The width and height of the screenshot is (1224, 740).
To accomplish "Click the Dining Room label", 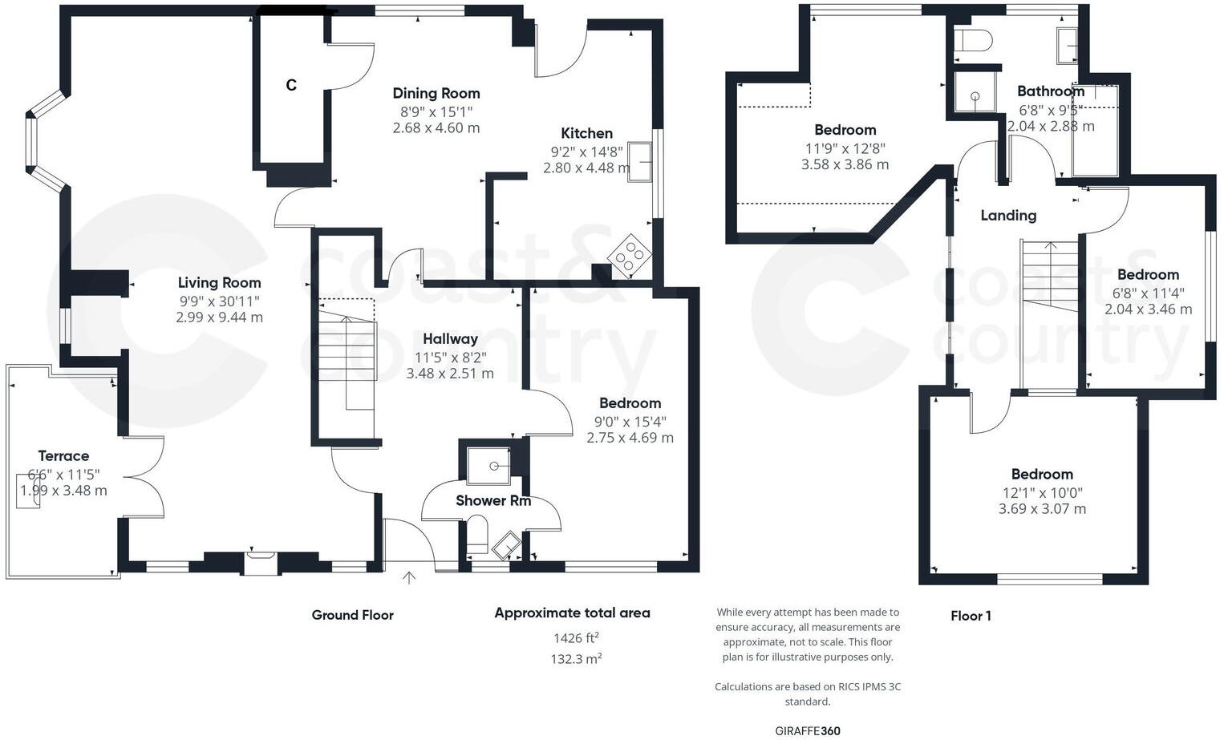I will point(436,94).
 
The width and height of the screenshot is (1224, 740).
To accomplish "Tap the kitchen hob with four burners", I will point(630,257).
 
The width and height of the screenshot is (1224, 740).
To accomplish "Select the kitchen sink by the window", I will point(639,162).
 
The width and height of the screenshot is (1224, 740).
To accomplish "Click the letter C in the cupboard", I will point(291,85).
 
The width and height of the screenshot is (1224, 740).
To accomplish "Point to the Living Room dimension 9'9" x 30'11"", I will point(219,301).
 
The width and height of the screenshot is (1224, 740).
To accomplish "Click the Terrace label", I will point(63,456).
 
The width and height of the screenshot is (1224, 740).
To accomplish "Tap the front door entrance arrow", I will point(409,577).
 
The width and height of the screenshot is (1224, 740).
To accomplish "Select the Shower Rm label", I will point(492,501).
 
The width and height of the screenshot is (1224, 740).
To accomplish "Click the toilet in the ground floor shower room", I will point(477,536).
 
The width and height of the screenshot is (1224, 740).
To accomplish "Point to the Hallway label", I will point(450,339).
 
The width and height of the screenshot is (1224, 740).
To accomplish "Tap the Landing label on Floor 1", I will point(1008,216).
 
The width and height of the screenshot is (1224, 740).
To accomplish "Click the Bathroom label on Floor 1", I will point(1050,91).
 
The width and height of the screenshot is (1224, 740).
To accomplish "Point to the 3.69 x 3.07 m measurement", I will point(1042,509).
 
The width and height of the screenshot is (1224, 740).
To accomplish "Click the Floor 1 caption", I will point(971,616).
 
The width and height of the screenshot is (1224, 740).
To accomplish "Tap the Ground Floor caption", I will point(352,615).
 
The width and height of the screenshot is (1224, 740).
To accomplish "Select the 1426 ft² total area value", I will point(576,638).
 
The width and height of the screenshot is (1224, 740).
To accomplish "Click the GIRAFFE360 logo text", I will point(808,730).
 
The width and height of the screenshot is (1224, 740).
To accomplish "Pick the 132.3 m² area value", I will point(577,659).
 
